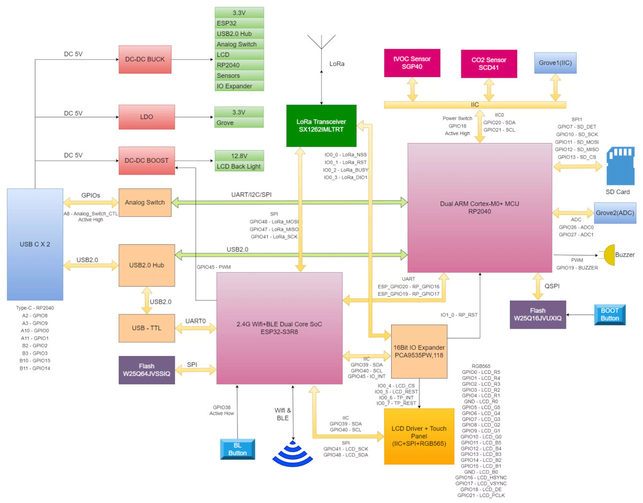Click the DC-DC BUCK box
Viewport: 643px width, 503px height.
pos(145,59)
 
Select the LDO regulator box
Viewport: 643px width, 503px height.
pos(146,117)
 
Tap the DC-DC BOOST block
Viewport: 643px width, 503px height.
pos(146,161)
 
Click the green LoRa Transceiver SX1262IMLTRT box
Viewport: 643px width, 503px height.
pos(321,126)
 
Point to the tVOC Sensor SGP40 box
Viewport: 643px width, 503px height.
pos(412,63)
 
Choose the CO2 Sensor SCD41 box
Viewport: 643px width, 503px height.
pos(489,64)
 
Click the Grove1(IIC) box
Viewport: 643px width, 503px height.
pos(555,63)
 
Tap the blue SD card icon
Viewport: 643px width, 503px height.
pos(620,166)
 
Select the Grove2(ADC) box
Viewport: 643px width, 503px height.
pos(615,213)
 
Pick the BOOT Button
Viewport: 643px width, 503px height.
pos(610,314)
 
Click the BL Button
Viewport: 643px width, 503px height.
pos(237,449)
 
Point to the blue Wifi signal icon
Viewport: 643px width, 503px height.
pos(293,453)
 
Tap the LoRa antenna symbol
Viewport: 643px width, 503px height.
pos(322,42)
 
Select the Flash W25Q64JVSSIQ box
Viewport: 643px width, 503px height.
pos(146,370)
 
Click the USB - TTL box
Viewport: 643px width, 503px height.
pos(146,328)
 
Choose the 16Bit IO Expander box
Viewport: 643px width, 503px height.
pos(419,351)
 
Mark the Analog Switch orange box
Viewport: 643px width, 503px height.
pos(145,202)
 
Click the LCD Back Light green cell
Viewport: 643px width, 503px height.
pos(239,166)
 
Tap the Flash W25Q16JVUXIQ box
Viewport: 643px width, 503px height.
pos(537,314)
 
